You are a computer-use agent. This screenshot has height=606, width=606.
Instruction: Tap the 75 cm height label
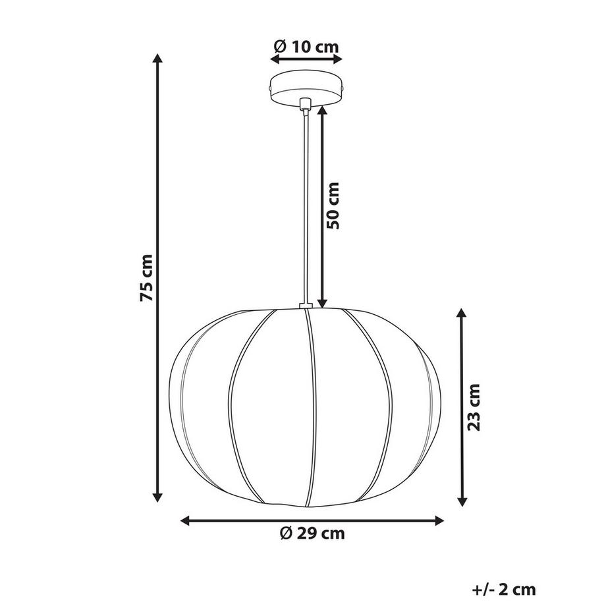pyautogui.click(x=148, y=277)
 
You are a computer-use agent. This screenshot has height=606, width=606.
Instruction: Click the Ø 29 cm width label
pyautogui.click(x=312, y=534)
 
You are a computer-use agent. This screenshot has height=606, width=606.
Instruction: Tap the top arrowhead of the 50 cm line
pyautogui.click(x=322, y=111)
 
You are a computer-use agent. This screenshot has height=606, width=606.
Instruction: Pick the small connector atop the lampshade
pyautogui.click(x=305, y=306)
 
